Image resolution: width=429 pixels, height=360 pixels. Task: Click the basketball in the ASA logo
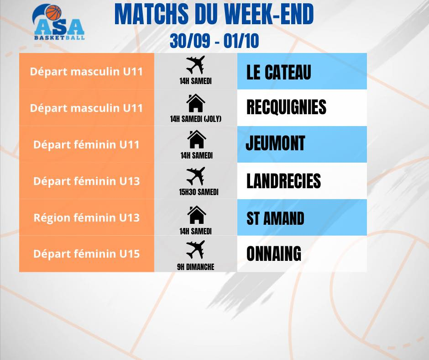pyautogui.click(x=53, y=13)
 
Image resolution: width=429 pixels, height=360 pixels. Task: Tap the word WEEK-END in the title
pyautogui.click(x=269, y=14)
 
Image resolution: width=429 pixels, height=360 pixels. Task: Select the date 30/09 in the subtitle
pyautogui.click(x=190, y=41)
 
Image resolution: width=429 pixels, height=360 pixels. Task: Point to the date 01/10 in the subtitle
pyautogui.click(x=241, y=41)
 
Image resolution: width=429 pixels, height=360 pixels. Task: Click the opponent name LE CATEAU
pyautogui.click(x=278, y=72)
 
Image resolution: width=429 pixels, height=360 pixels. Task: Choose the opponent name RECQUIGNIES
pyautogui.click(x=286, y=107)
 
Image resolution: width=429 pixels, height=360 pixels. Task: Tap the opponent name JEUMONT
pyautogui.click(x=275, y=143)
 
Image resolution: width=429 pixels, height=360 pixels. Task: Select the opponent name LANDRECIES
pyautogui.click(x=283, y=181)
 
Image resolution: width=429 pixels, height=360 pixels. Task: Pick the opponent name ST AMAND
pyautogui.click(x=275, y=218)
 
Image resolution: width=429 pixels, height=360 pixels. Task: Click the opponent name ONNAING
pyautogui.click(x=273, y=254)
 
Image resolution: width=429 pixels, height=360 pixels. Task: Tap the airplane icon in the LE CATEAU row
pyautogui.click(x=195, y=65)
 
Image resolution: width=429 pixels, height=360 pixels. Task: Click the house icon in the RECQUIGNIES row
pyautogui.click(x=196, y=103)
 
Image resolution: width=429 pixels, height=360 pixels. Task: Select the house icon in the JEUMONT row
pyautogui.click(x=196, y=139)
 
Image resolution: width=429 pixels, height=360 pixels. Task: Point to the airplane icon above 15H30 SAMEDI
pyautogui.click(x=195, y=176)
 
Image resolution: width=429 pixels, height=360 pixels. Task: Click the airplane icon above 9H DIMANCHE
pyautogui.click(x=195, y=249)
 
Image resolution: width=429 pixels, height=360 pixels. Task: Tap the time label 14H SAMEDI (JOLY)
pyautogui.click(x=196, y=119)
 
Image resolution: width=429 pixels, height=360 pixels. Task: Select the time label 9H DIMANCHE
pyautogui.click(x=196, y=267)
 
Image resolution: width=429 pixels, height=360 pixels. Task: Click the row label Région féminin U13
pyautogui.click(x=86, y=218)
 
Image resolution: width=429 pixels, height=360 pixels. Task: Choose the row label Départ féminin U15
pyautogui.click(x=86, y=254)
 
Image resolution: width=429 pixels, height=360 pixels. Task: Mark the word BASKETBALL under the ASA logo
pyautogui.click(x=59, y=37)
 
